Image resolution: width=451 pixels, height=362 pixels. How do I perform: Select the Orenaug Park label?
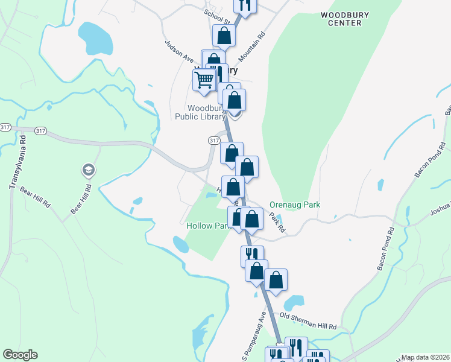pos(295,205)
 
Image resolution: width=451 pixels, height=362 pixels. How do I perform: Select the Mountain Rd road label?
pos(251,48)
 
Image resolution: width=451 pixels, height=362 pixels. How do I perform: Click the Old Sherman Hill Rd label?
pos(307,322)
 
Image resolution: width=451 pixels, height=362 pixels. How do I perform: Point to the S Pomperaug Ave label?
pos(254,332)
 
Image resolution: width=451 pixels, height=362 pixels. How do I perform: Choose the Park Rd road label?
pos(276,224)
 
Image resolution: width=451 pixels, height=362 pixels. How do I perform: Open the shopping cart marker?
pos(204,79)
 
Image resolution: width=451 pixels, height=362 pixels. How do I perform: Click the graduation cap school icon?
pos(89,171)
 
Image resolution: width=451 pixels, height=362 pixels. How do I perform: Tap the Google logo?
pos(20,355)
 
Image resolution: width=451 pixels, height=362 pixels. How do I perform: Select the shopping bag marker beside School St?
pos(224,35)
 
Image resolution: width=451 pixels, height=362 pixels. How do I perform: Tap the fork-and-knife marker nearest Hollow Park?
pos(252,255)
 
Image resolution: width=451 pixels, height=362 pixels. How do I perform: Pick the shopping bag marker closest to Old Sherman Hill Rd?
pos(276,279)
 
